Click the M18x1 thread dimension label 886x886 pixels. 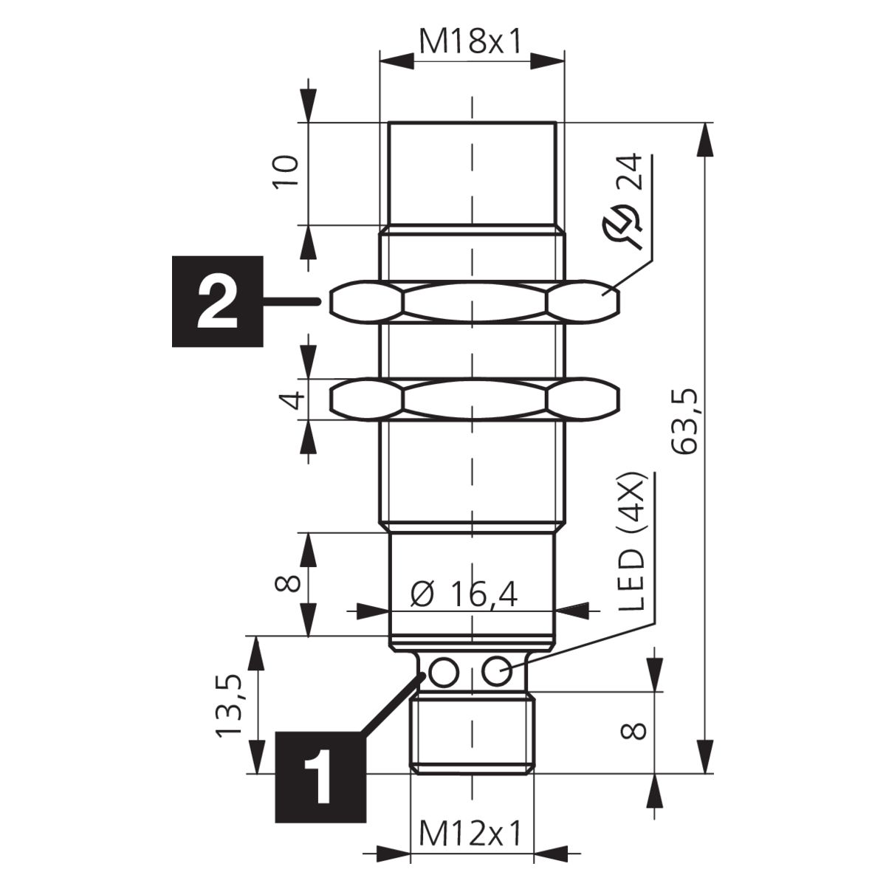click(471, 42)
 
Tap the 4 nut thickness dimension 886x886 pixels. click(292, 399)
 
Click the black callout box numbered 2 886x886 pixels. click(218, 301)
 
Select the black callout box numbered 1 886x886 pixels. click(320, 776)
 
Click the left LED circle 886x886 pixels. click(444, 672)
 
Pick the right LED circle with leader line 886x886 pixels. click(496, 672)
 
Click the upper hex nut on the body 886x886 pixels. click(475, 302)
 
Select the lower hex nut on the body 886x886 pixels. click(475, 399)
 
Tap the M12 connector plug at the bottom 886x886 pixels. click(473, 734)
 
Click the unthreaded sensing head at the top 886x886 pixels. click(473, 174)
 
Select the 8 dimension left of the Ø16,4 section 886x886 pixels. click(287, 584)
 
